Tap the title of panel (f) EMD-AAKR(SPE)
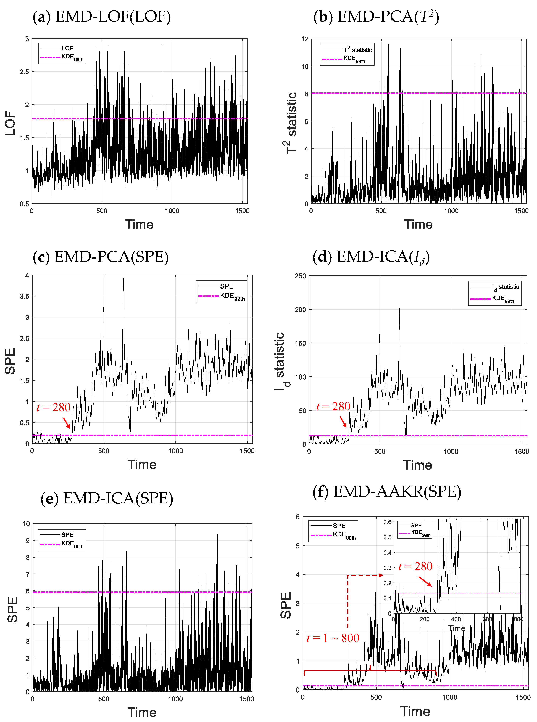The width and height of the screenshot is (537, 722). tap(387, 491)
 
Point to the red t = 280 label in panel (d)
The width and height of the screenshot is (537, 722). tap(333, 406)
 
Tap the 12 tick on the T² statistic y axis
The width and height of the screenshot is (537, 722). tap(305, 39)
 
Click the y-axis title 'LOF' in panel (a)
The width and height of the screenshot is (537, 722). tap(10, 123)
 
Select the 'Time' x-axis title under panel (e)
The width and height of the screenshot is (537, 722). tap(142, 713)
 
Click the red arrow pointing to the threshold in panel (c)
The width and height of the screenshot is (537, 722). tap(66, 423)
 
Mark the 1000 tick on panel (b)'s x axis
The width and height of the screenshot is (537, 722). tap(451, 211)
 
